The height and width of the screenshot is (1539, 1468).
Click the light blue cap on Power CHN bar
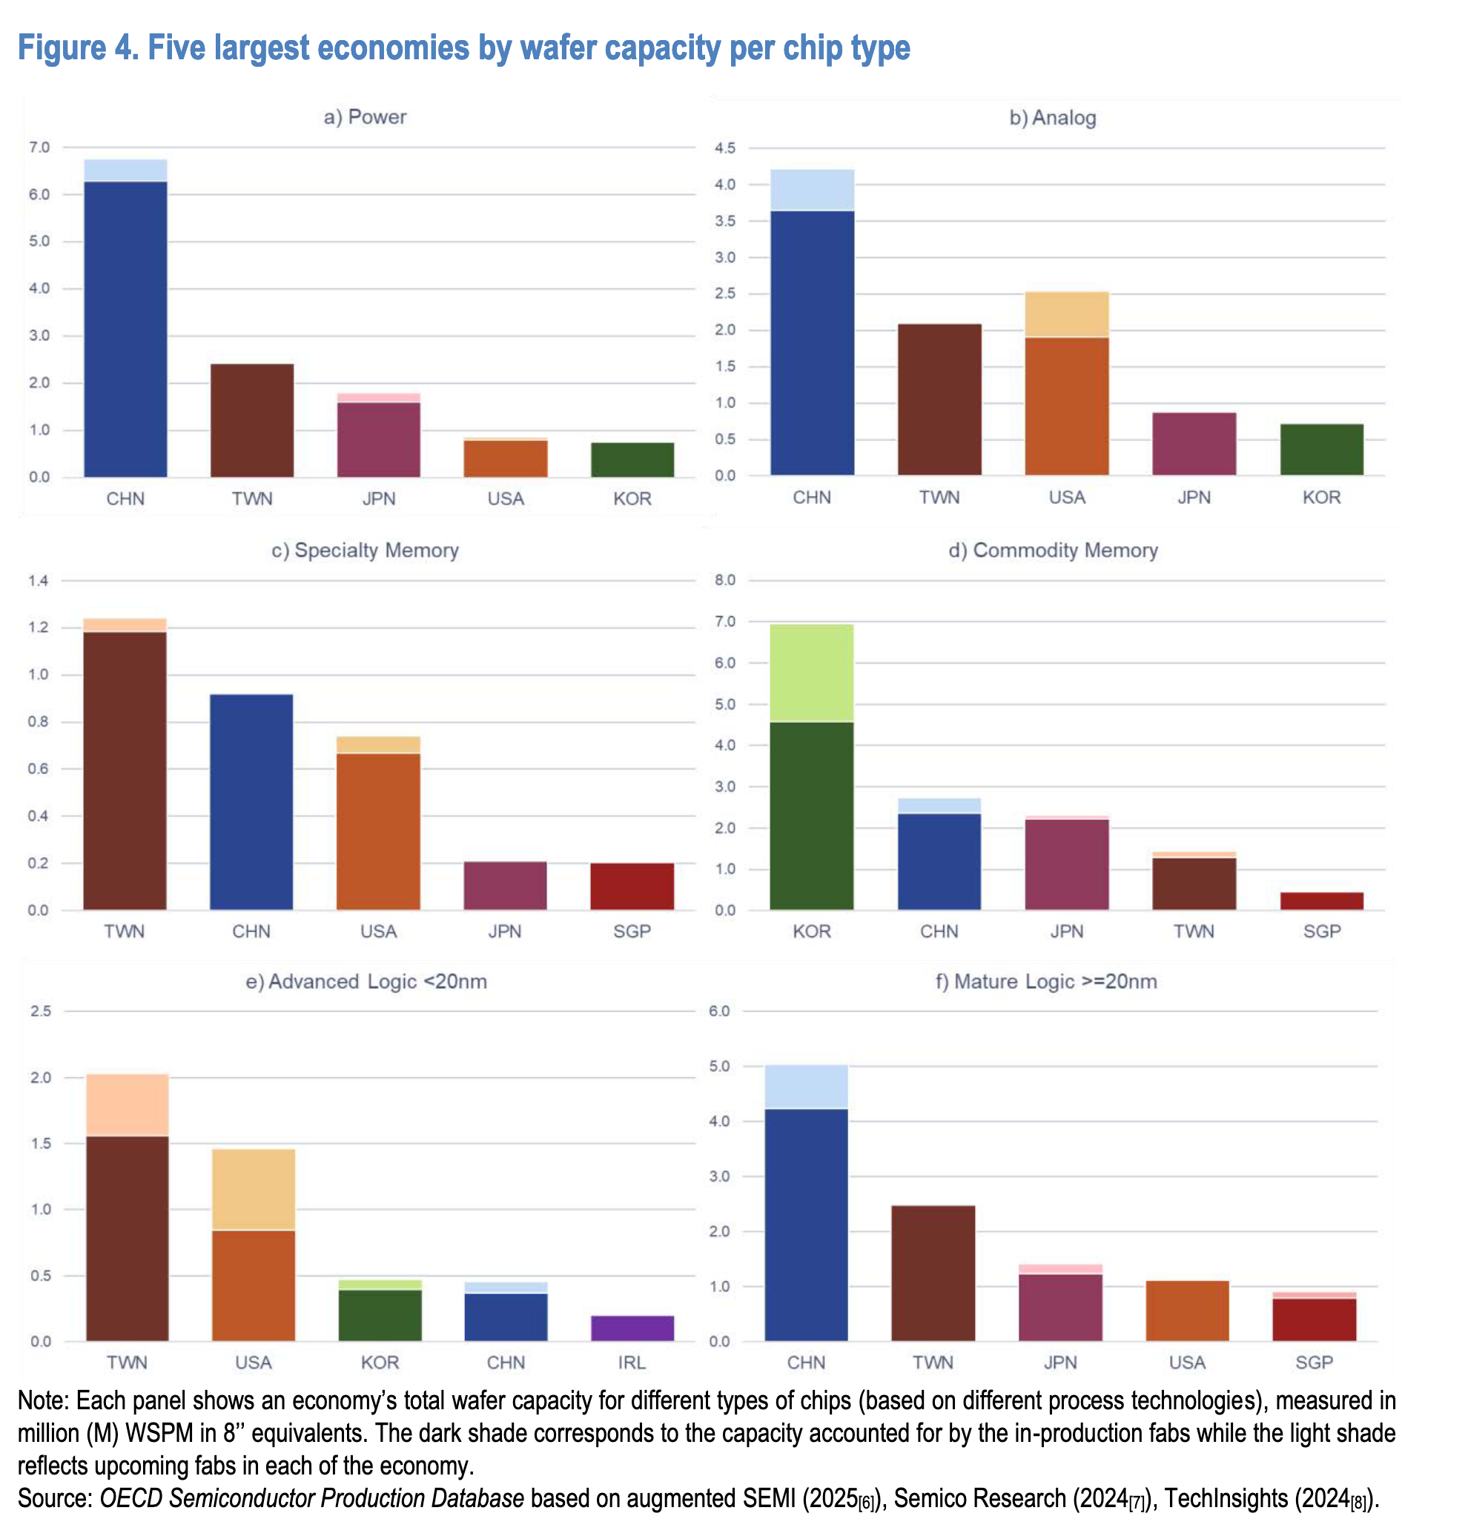125,170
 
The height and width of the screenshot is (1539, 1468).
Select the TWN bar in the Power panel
252,420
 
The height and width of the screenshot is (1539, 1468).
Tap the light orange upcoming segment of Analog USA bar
1067,314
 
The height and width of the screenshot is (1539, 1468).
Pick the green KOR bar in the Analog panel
1321,449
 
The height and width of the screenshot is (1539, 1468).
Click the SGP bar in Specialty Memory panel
632,886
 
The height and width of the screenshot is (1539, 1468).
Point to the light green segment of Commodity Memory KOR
811,672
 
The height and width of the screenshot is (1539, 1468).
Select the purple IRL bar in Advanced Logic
632,1328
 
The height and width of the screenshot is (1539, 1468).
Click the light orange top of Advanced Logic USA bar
254,1189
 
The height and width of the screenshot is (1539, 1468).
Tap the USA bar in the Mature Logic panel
1186,1311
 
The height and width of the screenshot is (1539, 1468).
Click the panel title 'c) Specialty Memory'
365,550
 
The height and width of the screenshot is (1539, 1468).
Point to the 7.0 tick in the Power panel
39,147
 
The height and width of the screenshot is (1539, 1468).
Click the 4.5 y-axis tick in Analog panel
724,148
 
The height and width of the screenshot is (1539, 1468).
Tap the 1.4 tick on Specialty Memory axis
39,580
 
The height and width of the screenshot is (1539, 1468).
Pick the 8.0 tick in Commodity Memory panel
724,580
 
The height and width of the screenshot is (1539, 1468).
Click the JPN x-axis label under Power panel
379,498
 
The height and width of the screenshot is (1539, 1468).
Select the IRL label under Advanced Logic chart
632,1362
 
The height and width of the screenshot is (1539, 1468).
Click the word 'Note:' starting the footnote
44,1400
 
